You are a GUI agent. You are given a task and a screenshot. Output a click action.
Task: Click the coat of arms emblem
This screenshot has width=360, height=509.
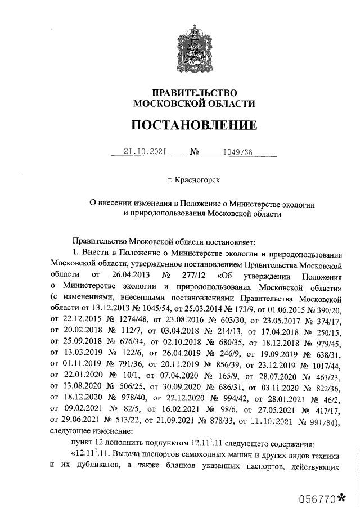pos(192,49)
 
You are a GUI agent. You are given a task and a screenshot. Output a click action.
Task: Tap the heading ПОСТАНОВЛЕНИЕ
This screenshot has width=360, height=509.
pos(193,125)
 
